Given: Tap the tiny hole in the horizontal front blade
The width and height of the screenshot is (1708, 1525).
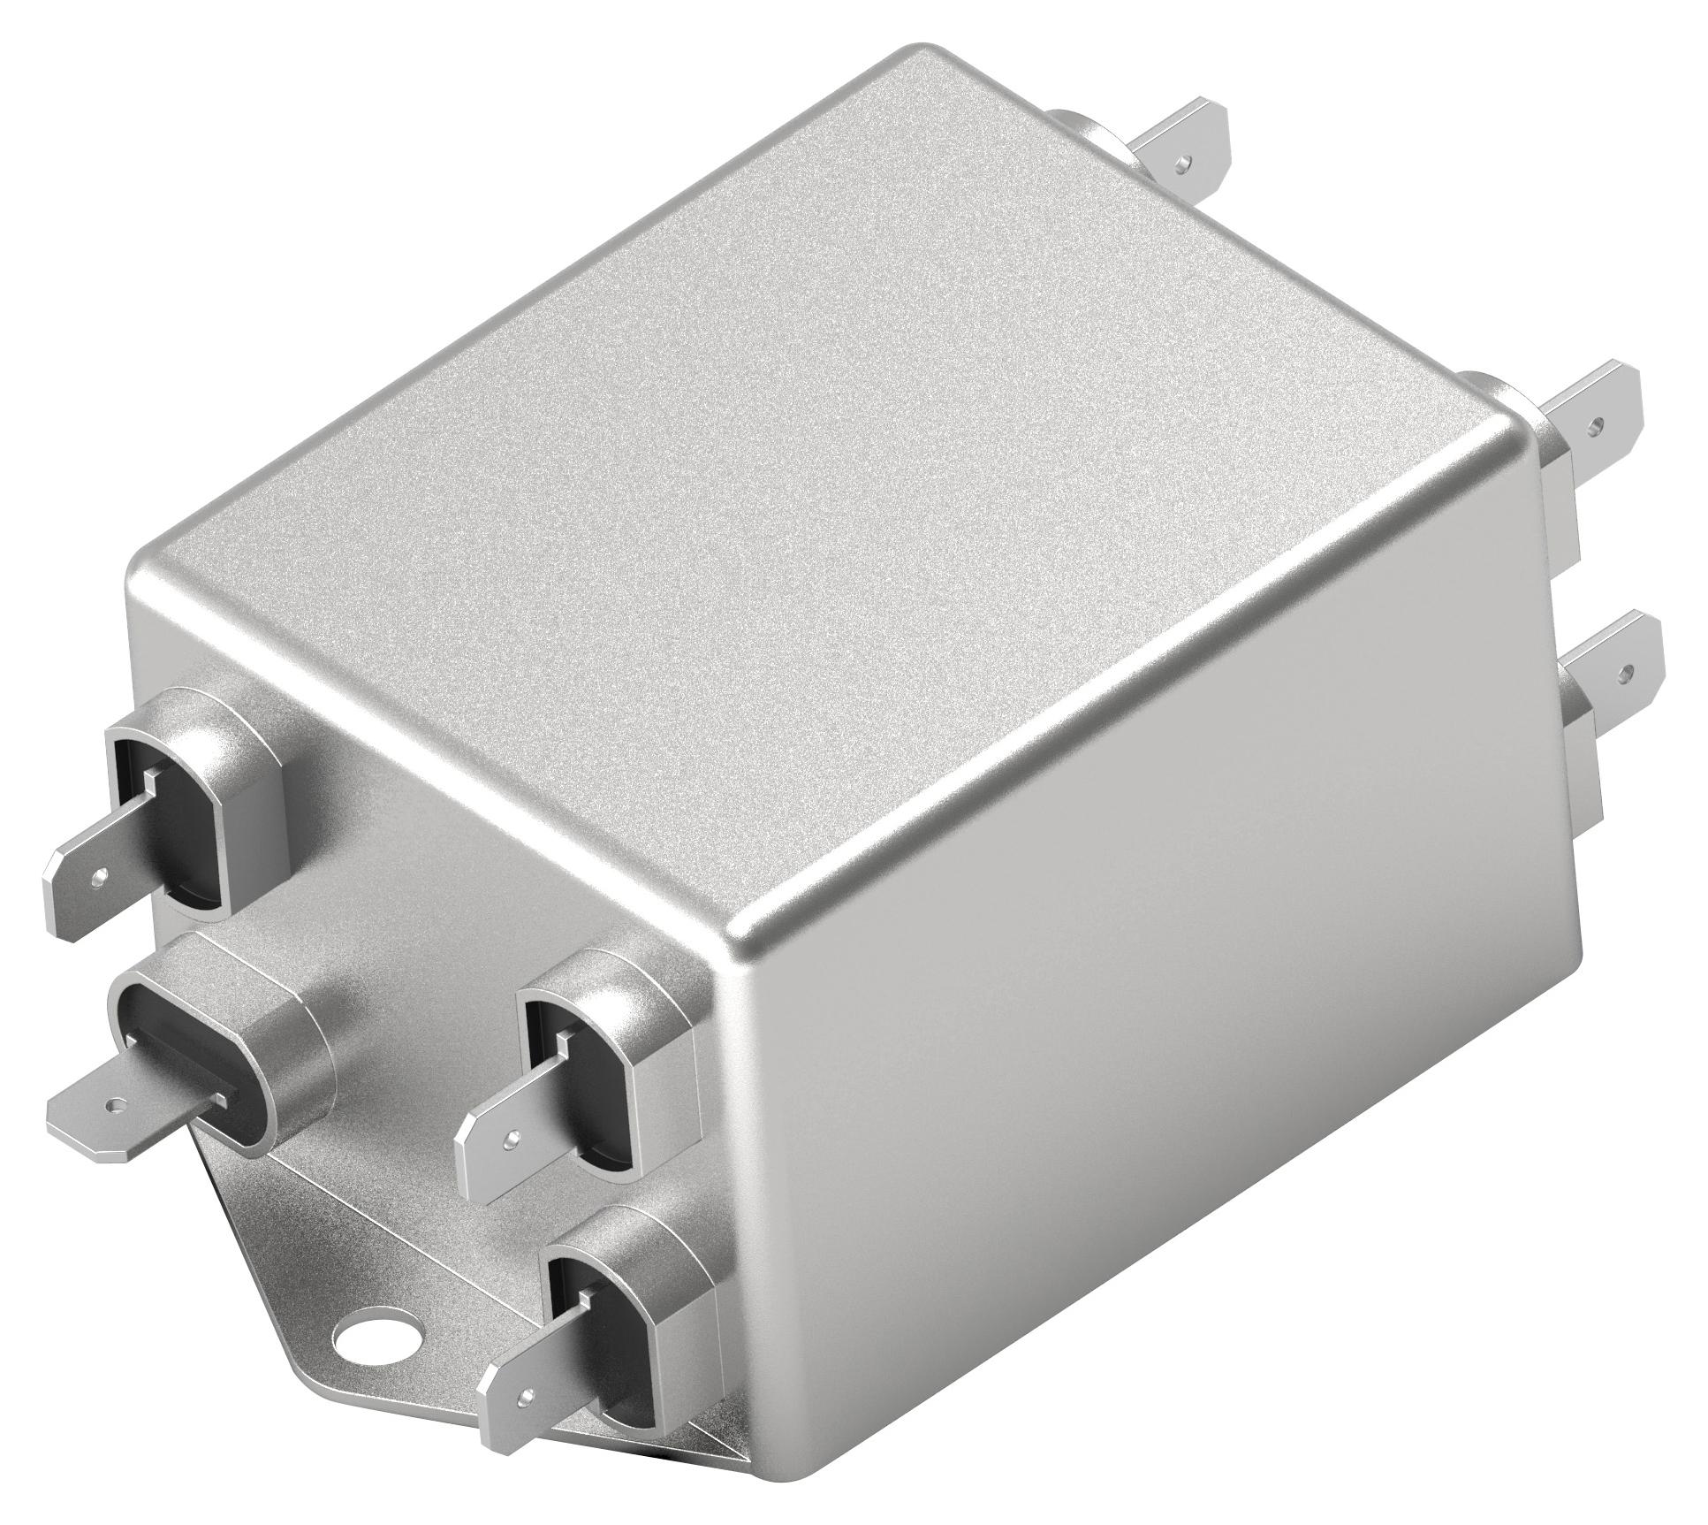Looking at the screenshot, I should click(112, 1105).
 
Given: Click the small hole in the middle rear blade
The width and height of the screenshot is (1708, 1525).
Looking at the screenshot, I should click(1595, 425).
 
